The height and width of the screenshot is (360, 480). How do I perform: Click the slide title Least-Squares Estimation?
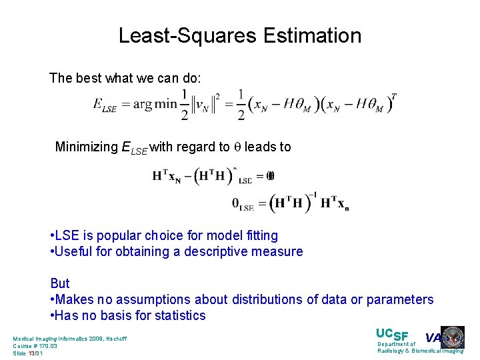pyautogui.click(x=240, y=35)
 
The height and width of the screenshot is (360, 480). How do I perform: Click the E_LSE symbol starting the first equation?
pyautogui.click(x=105, y=107)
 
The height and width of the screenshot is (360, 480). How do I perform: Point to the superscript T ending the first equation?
pyautogui.click(x=394, y=97)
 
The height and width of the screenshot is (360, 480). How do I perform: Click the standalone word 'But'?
pyautogui.click(x=60, y=283)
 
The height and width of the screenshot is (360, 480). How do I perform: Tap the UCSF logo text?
pyautogui.click(x=392, y=335)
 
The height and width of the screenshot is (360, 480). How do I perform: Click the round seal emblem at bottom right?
pyautogui.click(x=453, y=338)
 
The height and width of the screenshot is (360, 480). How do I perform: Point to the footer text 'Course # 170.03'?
pyautogui.click(x=35, y=346)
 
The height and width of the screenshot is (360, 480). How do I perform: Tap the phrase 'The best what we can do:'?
pyautogui.click(x=125, y=78)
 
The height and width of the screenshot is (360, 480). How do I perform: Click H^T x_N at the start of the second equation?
pyautogui.click(x=166, y=176)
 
